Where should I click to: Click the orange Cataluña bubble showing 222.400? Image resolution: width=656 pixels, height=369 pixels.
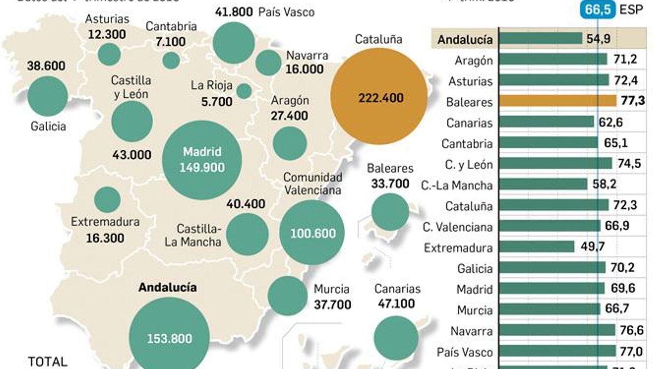point(379,97)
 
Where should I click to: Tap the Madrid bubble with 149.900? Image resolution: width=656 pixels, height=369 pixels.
point(202,160)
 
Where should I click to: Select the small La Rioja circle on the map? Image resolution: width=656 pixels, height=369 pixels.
point(244,91)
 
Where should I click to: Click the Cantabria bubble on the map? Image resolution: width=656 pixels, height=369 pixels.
point(171,61)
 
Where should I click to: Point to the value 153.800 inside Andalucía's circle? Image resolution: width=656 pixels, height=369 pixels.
point(169,339)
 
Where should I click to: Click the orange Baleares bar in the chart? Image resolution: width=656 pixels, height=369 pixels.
point(558,101)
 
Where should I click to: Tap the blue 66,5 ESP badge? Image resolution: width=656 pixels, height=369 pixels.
point(597,9)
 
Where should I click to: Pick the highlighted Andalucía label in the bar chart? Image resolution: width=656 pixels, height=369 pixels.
point(465,39)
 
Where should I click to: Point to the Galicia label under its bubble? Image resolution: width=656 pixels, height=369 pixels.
point(48,126)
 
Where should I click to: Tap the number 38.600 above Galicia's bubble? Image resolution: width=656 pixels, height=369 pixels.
point(46,66)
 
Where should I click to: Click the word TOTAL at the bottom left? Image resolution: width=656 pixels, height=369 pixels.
point(48,362)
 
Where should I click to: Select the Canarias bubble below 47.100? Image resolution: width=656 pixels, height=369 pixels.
point(396,338)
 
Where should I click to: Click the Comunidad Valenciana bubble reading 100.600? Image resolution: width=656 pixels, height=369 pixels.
point(312,232)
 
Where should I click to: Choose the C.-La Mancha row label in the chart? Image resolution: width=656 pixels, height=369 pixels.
point(456,185)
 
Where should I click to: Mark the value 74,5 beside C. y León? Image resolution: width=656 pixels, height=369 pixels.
point(629,164)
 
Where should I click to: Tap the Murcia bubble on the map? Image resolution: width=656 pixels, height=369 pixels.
point(287,296)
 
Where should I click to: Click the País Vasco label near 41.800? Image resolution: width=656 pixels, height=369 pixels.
point(286,12)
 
